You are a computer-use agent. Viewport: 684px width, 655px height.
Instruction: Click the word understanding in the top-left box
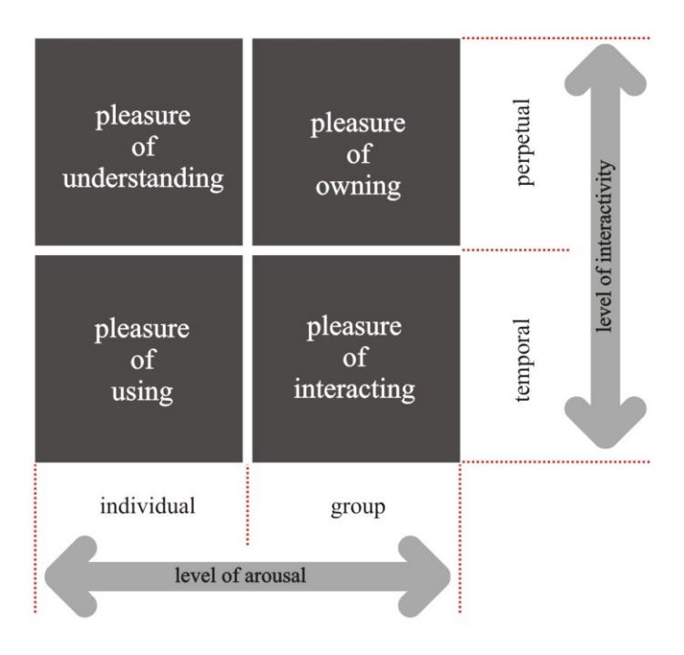(x=143, y=179)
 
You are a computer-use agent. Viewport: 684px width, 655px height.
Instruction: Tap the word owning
(x=358, y=187)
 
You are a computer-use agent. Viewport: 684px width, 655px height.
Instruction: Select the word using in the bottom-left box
(x=142, y=392)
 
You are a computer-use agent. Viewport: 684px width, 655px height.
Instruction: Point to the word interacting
(x=354, y=389)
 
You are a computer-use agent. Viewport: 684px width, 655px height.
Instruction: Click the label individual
(x=148, y=506)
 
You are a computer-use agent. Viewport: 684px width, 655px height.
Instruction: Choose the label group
(x=358, y=507)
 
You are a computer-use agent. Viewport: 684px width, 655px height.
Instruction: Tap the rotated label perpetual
(x=523, y=142)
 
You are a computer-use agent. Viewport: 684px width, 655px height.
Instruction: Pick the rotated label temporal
(x=522, y=360)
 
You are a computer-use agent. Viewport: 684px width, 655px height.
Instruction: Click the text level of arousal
(x=240, y=575)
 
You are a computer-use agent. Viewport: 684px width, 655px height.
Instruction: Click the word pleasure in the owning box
(x=358, y=125)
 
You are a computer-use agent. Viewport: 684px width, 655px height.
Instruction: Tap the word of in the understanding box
(x=143, y=147)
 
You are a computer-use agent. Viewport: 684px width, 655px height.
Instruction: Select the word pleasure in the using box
(x=142, y=330)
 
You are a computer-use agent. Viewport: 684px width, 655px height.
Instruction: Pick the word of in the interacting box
(x=355, y=358)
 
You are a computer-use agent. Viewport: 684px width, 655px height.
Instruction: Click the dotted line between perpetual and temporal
(x=516, y=250)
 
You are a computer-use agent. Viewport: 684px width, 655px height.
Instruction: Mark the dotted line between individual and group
(x=248, y=506)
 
